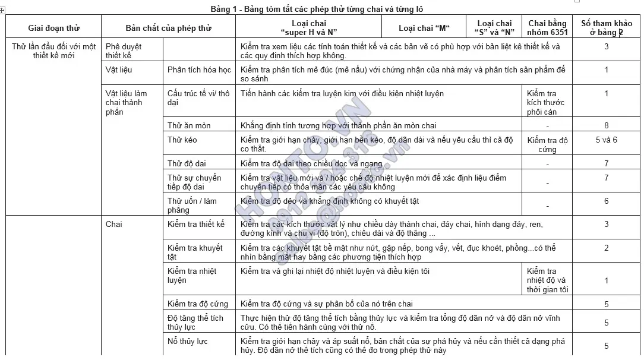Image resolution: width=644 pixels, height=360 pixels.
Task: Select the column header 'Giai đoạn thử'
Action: click(x=53, y=28)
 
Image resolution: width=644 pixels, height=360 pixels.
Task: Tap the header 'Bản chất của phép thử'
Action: click(x=168, y=28)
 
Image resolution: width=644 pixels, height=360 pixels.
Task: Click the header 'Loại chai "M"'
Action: click(x=424, y=28)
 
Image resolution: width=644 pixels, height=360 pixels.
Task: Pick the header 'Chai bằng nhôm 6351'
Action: click(x=547, y=28)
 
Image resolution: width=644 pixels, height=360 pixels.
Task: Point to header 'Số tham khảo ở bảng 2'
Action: click(x=606, y=28)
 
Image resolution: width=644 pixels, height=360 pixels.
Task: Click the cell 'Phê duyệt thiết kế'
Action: click(x=124, y=50)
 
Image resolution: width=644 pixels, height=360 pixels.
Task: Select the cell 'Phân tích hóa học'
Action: click(x=199, y=70)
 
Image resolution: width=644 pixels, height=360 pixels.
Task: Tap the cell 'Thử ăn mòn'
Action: click(x=189, y=125)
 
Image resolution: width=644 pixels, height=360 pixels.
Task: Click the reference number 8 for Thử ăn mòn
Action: click(x=606, y=125)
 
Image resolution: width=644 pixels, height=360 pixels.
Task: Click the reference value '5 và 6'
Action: click(x=606, y=140)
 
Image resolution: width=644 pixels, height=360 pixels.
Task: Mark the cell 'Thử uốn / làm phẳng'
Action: click(x=192, y=205)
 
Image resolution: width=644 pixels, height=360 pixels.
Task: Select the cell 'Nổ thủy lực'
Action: click(x=187, y=341)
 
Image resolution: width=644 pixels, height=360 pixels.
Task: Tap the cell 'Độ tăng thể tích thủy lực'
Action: click(x=195, y=322)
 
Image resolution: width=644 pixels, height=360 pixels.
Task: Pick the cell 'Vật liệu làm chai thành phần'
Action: click(x=126, y=102)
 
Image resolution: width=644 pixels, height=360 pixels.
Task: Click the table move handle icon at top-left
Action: click(x=2, y=10)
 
